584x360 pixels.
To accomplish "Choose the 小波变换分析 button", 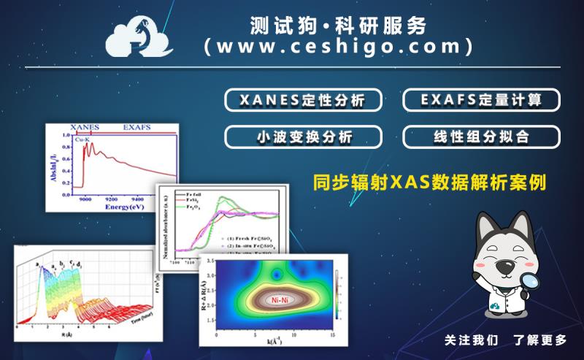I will (x=303, y=137).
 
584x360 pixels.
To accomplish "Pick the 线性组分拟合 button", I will (x=481, y=137).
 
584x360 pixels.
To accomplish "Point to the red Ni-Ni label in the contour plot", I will (x=277, y=299).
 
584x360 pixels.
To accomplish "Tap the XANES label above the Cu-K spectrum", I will (x=85, y=126).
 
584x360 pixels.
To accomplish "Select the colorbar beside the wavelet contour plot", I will (x=337, y=296).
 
